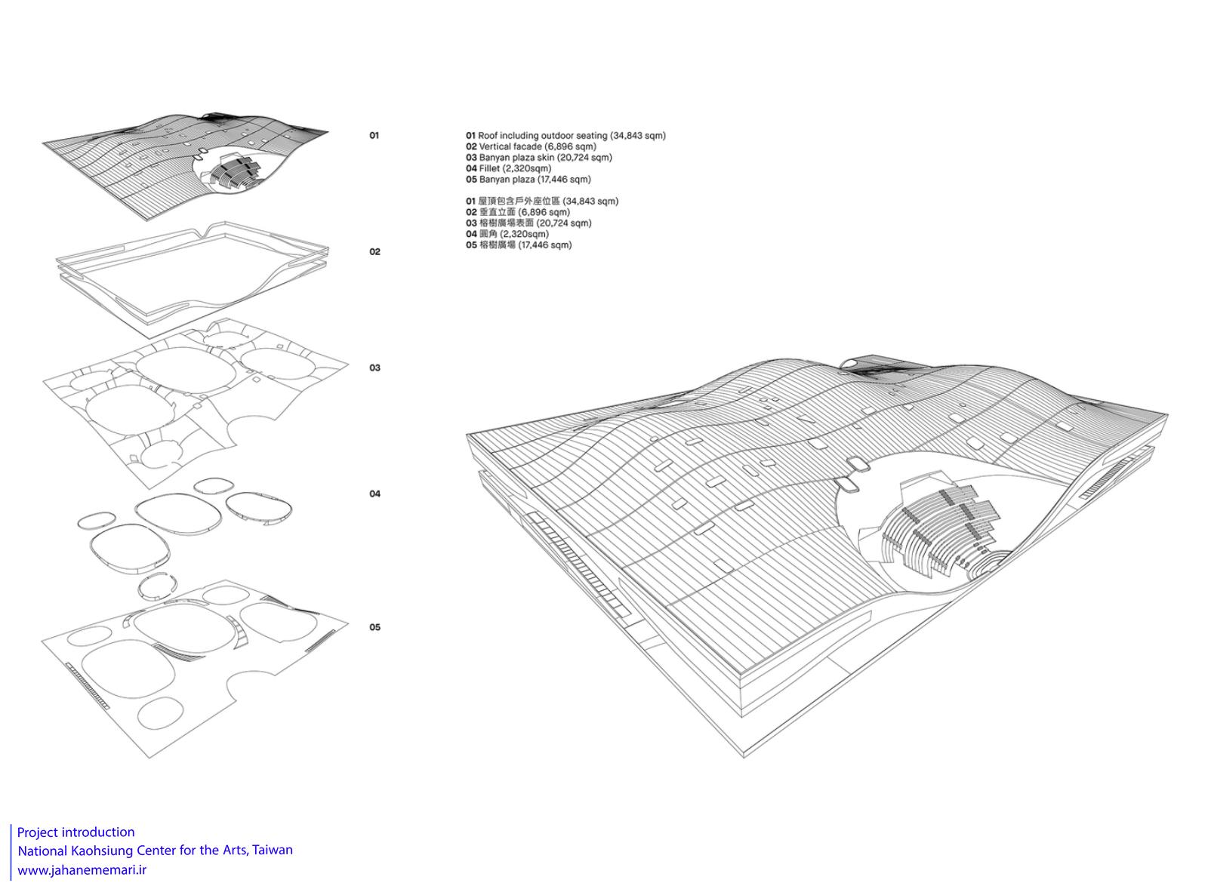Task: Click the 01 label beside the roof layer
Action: point(374,135)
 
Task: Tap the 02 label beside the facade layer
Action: point(374,251)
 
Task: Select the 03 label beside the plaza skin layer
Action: point(374,368)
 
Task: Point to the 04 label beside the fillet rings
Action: point(374,494)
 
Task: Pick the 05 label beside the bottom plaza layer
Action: point(374,627)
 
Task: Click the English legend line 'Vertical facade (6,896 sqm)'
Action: point(532,146)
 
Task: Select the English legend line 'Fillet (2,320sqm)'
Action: point(509,168)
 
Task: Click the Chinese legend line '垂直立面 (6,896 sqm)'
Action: point(518,212)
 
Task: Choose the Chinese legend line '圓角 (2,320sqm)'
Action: point(507,234)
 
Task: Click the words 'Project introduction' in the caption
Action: point(76,832)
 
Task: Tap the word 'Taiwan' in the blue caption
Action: point(273,851)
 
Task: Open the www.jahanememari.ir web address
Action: point(82,870)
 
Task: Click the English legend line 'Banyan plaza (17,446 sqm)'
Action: point(528,180)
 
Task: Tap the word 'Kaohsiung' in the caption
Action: point(104,851)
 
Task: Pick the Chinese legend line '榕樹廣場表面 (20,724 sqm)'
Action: point(528,223)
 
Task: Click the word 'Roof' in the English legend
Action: point(488,136)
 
